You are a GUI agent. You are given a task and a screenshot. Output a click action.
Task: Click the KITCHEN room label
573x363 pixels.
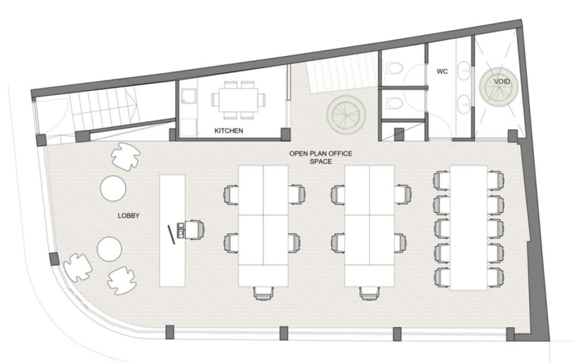point(228,131)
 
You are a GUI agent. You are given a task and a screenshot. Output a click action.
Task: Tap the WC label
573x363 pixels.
point(442,71)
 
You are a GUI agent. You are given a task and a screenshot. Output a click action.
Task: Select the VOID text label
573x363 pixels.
point(501,81)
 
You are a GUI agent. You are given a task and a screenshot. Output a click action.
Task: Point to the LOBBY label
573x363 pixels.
point(128,216)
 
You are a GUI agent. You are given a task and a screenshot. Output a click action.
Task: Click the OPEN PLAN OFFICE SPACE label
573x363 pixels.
point(321,157)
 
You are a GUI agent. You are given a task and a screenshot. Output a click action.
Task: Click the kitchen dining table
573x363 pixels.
point(238,100)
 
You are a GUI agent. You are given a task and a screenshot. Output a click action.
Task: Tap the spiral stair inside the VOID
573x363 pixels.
point(499,86)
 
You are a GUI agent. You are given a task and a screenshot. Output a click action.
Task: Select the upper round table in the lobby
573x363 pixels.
point(113,188)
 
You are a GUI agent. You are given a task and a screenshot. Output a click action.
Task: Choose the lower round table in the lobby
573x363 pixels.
point(109,249)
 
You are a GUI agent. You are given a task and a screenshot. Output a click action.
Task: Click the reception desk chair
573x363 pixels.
point(194,230)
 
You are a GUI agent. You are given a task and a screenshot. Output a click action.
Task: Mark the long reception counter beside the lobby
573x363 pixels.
point(172,231)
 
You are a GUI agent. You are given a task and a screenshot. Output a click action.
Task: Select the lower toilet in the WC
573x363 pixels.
point(394,103)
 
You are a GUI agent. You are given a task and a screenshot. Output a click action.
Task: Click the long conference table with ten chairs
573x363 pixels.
point(468,227)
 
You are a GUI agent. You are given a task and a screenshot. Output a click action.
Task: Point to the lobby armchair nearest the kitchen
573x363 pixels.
point(125,156)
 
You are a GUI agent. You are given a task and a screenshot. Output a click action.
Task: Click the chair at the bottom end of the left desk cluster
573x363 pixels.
point(263,294)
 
